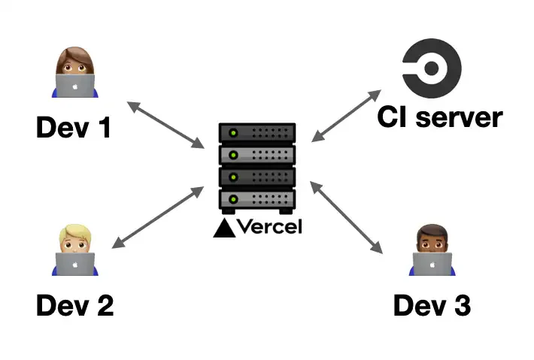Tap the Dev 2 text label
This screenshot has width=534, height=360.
click(x=74, y=305)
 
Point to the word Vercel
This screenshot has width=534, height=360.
click(x=269, y=226)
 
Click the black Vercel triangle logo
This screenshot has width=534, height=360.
click(x=223, y=227)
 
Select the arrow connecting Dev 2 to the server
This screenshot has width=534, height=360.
click(x=157, y=217)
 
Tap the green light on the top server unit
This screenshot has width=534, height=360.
click(x=233, y=133)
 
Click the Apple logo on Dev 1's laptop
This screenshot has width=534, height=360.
click(x=75, y=87)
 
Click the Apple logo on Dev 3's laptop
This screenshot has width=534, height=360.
click(x=432, y=265)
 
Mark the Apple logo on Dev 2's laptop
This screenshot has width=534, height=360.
click(x=75, y=265)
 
